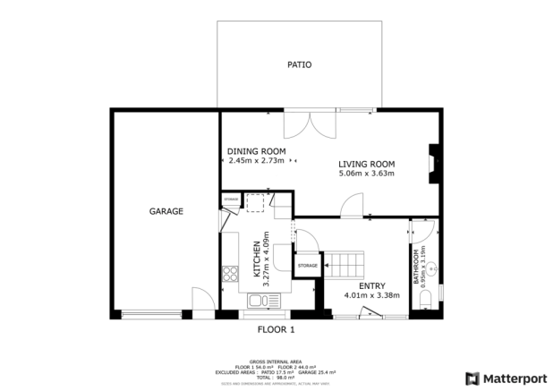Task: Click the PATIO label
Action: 299,64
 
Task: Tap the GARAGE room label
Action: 166,212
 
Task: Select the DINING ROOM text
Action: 256,151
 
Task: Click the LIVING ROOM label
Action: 366,163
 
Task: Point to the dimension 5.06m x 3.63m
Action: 366,174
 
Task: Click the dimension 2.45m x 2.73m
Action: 256,161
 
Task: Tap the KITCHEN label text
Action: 256,258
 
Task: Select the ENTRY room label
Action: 371,285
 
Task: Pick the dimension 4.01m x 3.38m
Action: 371,295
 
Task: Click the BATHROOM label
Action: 417,266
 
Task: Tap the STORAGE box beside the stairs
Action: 308,266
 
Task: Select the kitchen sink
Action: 259,300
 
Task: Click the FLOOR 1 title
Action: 276,329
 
